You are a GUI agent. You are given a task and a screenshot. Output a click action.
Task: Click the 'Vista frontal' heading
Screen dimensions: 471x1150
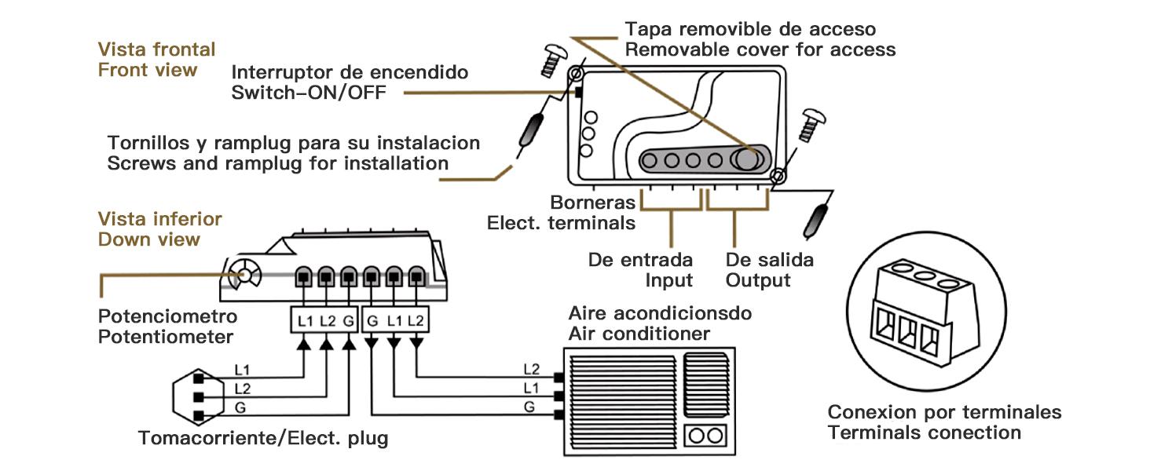pyautogui.click(x=156, y=49)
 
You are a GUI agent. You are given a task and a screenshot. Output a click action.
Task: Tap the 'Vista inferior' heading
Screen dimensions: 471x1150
pyautogui.click(x=159, y=219)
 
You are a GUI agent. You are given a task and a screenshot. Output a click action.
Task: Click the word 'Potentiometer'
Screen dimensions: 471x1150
pyautogui.click(x=166, y=337)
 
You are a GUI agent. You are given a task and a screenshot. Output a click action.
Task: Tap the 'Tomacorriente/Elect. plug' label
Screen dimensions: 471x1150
pyautogui.click(x=263, y=437)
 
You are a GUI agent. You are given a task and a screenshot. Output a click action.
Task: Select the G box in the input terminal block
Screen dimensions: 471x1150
pyautogui.click(x=350, y=320)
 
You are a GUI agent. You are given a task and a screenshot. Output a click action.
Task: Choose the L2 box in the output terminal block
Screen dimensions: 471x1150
pyautogui.click(x=416, y=320)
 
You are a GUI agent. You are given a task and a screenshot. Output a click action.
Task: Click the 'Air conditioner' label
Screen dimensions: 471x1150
pyautogui.click(x=639, y=334)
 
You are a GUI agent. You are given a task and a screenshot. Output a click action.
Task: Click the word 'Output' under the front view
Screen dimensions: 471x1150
pyautogui.click(x=758, y=280)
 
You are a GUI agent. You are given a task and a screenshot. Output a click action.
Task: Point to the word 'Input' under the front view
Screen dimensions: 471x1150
pyautogui.click(x=669, y=280)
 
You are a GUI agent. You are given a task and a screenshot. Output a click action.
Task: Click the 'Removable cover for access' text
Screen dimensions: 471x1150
pyautogui.click(x=760, y=49)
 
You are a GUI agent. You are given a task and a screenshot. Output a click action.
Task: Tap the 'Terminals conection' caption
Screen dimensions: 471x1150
pyautogui.click(x=925, y=433)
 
